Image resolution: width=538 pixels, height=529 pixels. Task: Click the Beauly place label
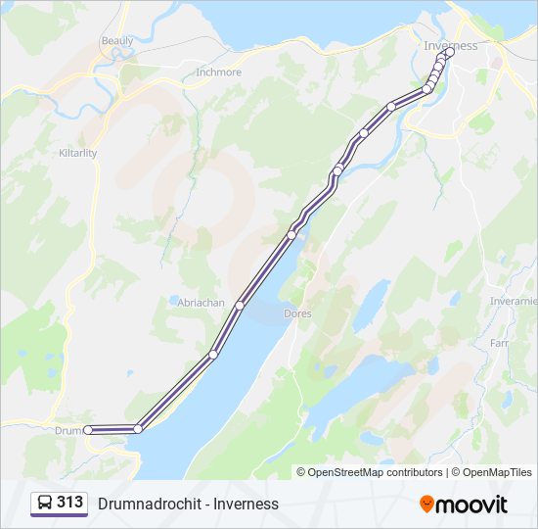point(116,41)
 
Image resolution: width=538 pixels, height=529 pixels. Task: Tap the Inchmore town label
point(218,72)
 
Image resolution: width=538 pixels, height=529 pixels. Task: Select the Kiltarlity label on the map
point(78,154)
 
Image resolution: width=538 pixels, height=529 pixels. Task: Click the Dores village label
point(296,314)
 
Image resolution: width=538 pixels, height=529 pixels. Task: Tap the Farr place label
point(500,344)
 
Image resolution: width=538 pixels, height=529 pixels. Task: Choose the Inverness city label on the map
point(451,46)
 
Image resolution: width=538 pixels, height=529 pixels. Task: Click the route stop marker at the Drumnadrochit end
point(88,429)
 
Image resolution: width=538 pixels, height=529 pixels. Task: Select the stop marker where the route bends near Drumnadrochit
point(138,429)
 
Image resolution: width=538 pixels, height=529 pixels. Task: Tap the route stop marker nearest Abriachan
point(239,306)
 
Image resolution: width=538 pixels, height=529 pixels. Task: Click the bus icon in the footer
point(45,504)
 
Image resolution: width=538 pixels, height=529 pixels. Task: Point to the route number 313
point(69,503)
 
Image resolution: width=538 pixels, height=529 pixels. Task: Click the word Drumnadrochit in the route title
point(145,504)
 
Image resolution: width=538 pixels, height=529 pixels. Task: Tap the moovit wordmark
point(472,505)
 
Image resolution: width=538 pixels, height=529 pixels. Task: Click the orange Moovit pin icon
point(426,504)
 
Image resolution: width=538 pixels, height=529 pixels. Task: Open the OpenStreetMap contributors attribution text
point(370,472)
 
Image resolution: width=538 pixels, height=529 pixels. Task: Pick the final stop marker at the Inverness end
point(449,52)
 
